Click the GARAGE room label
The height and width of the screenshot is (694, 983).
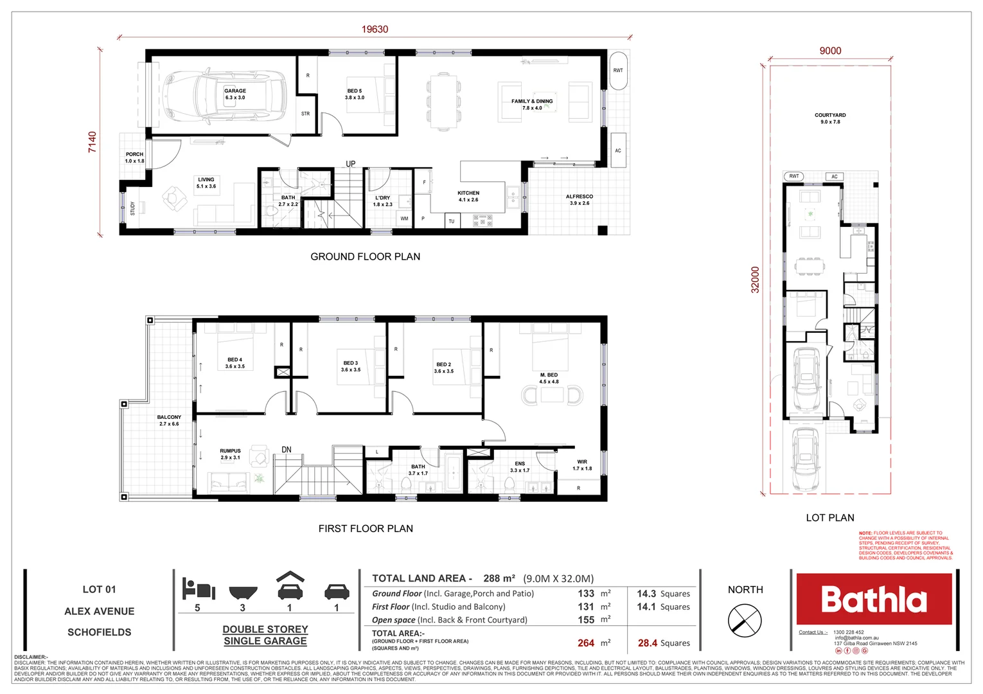tap(235, 91)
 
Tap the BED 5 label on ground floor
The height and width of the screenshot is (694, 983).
tap(355, 91)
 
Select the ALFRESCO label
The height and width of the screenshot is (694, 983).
tap(579, 197)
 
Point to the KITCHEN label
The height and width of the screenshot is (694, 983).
tap(468, 193)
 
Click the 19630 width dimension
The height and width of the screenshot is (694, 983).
tap(375, 30)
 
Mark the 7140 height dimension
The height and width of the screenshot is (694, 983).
tap(93, 141)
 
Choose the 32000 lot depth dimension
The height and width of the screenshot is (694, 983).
tap(756, 280)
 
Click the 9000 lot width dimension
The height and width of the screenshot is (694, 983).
tap(830, 51)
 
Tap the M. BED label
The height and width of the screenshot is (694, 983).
tap(549, 375)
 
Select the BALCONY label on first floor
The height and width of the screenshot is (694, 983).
tap(169, 417)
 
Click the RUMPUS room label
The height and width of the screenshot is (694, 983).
tap(230, 451)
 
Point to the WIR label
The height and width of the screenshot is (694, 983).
tap(582, 461)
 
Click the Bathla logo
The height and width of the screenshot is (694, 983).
tap(874, 599)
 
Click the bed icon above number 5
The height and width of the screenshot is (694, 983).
tap(197, 589)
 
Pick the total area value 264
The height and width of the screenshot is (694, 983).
tap(586, 643)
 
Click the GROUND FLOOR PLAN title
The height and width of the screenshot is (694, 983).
tap(365, 256)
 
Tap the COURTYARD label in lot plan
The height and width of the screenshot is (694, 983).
tap(830, 115)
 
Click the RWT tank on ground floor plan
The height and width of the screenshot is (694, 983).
tap(618, 71)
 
